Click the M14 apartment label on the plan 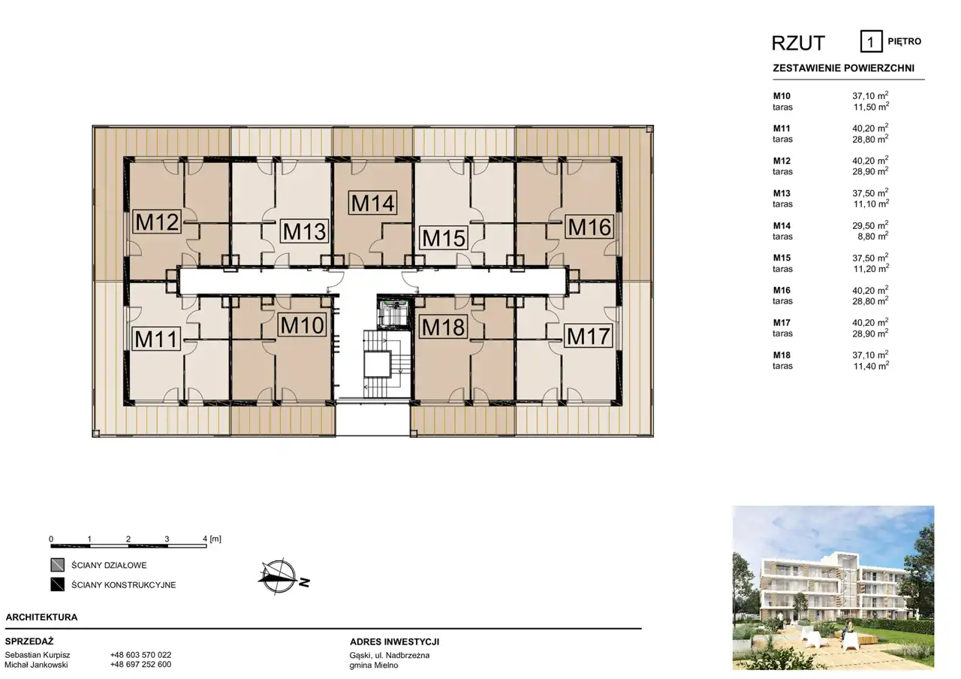point(372,203)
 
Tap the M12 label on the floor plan point(157,222)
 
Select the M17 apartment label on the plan point(588,336)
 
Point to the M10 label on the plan point(302,325)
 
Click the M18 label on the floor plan point(443,327)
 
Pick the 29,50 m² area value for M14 point(870,225)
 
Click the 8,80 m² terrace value point(873,236)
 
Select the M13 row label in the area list point(782,193)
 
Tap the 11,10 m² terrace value point(871,204)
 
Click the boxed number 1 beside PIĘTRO point(871,41)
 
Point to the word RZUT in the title point(798,43)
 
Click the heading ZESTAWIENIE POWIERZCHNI point(843,68)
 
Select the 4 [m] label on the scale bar point(212,539)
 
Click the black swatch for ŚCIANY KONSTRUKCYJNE point(58,584)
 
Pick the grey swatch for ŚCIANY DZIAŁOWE point(58,565)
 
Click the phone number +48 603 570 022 point(140,655)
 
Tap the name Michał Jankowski point(37,665)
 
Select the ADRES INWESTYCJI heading point(394,642)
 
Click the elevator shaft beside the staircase point(393,313)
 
